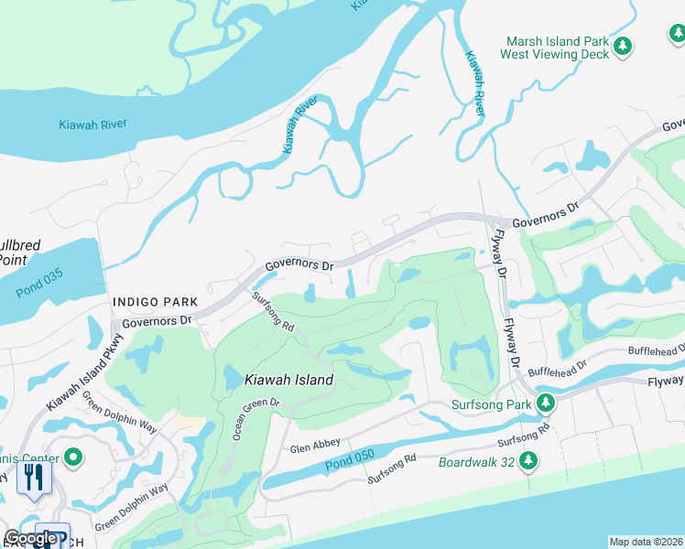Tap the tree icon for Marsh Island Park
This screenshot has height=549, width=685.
pyautogui.click(x=623, y=46)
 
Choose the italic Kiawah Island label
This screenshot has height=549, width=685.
pyautogui.click(x=288, y=379)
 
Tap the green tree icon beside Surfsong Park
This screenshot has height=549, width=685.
pyautogui.click(x=545, y=403)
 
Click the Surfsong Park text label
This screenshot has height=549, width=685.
pyautogui.click(x=491, y=404)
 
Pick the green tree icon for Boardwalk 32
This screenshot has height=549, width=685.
pyautogui.click(x=527, y=463)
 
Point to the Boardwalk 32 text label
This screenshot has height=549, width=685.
pyautogui.click(x=476, y=462)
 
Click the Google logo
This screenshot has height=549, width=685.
pyautogui.click(x=30, y=538)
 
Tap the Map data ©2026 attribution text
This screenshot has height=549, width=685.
pyautogui.click(x=646, y=542)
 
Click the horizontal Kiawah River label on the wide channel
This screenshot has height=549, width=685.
pyautogui.click(x=92, y=124)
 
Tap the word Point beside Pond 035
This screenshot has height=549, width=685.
pyautogui.click(x=13, y=259)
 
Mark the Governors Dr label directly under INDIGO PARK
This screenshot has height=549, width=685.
pyautogui.click(x=157, y=321)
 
